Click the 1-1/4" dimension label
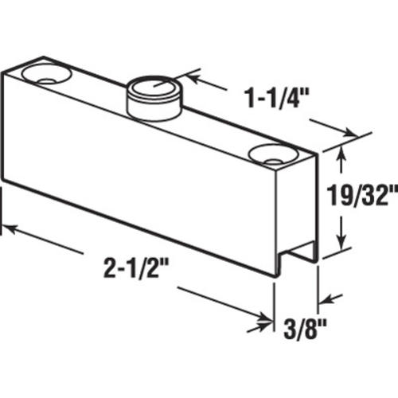point(277,98)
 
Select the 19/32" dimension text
point(362,196)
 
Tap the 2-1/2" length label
point(136,267)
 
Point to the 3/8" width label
point(305,330)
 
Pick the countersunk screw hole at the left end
point(46,74)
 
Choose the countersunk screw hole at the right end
point(274,154)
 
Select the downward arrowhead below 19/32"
point(341,241)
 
